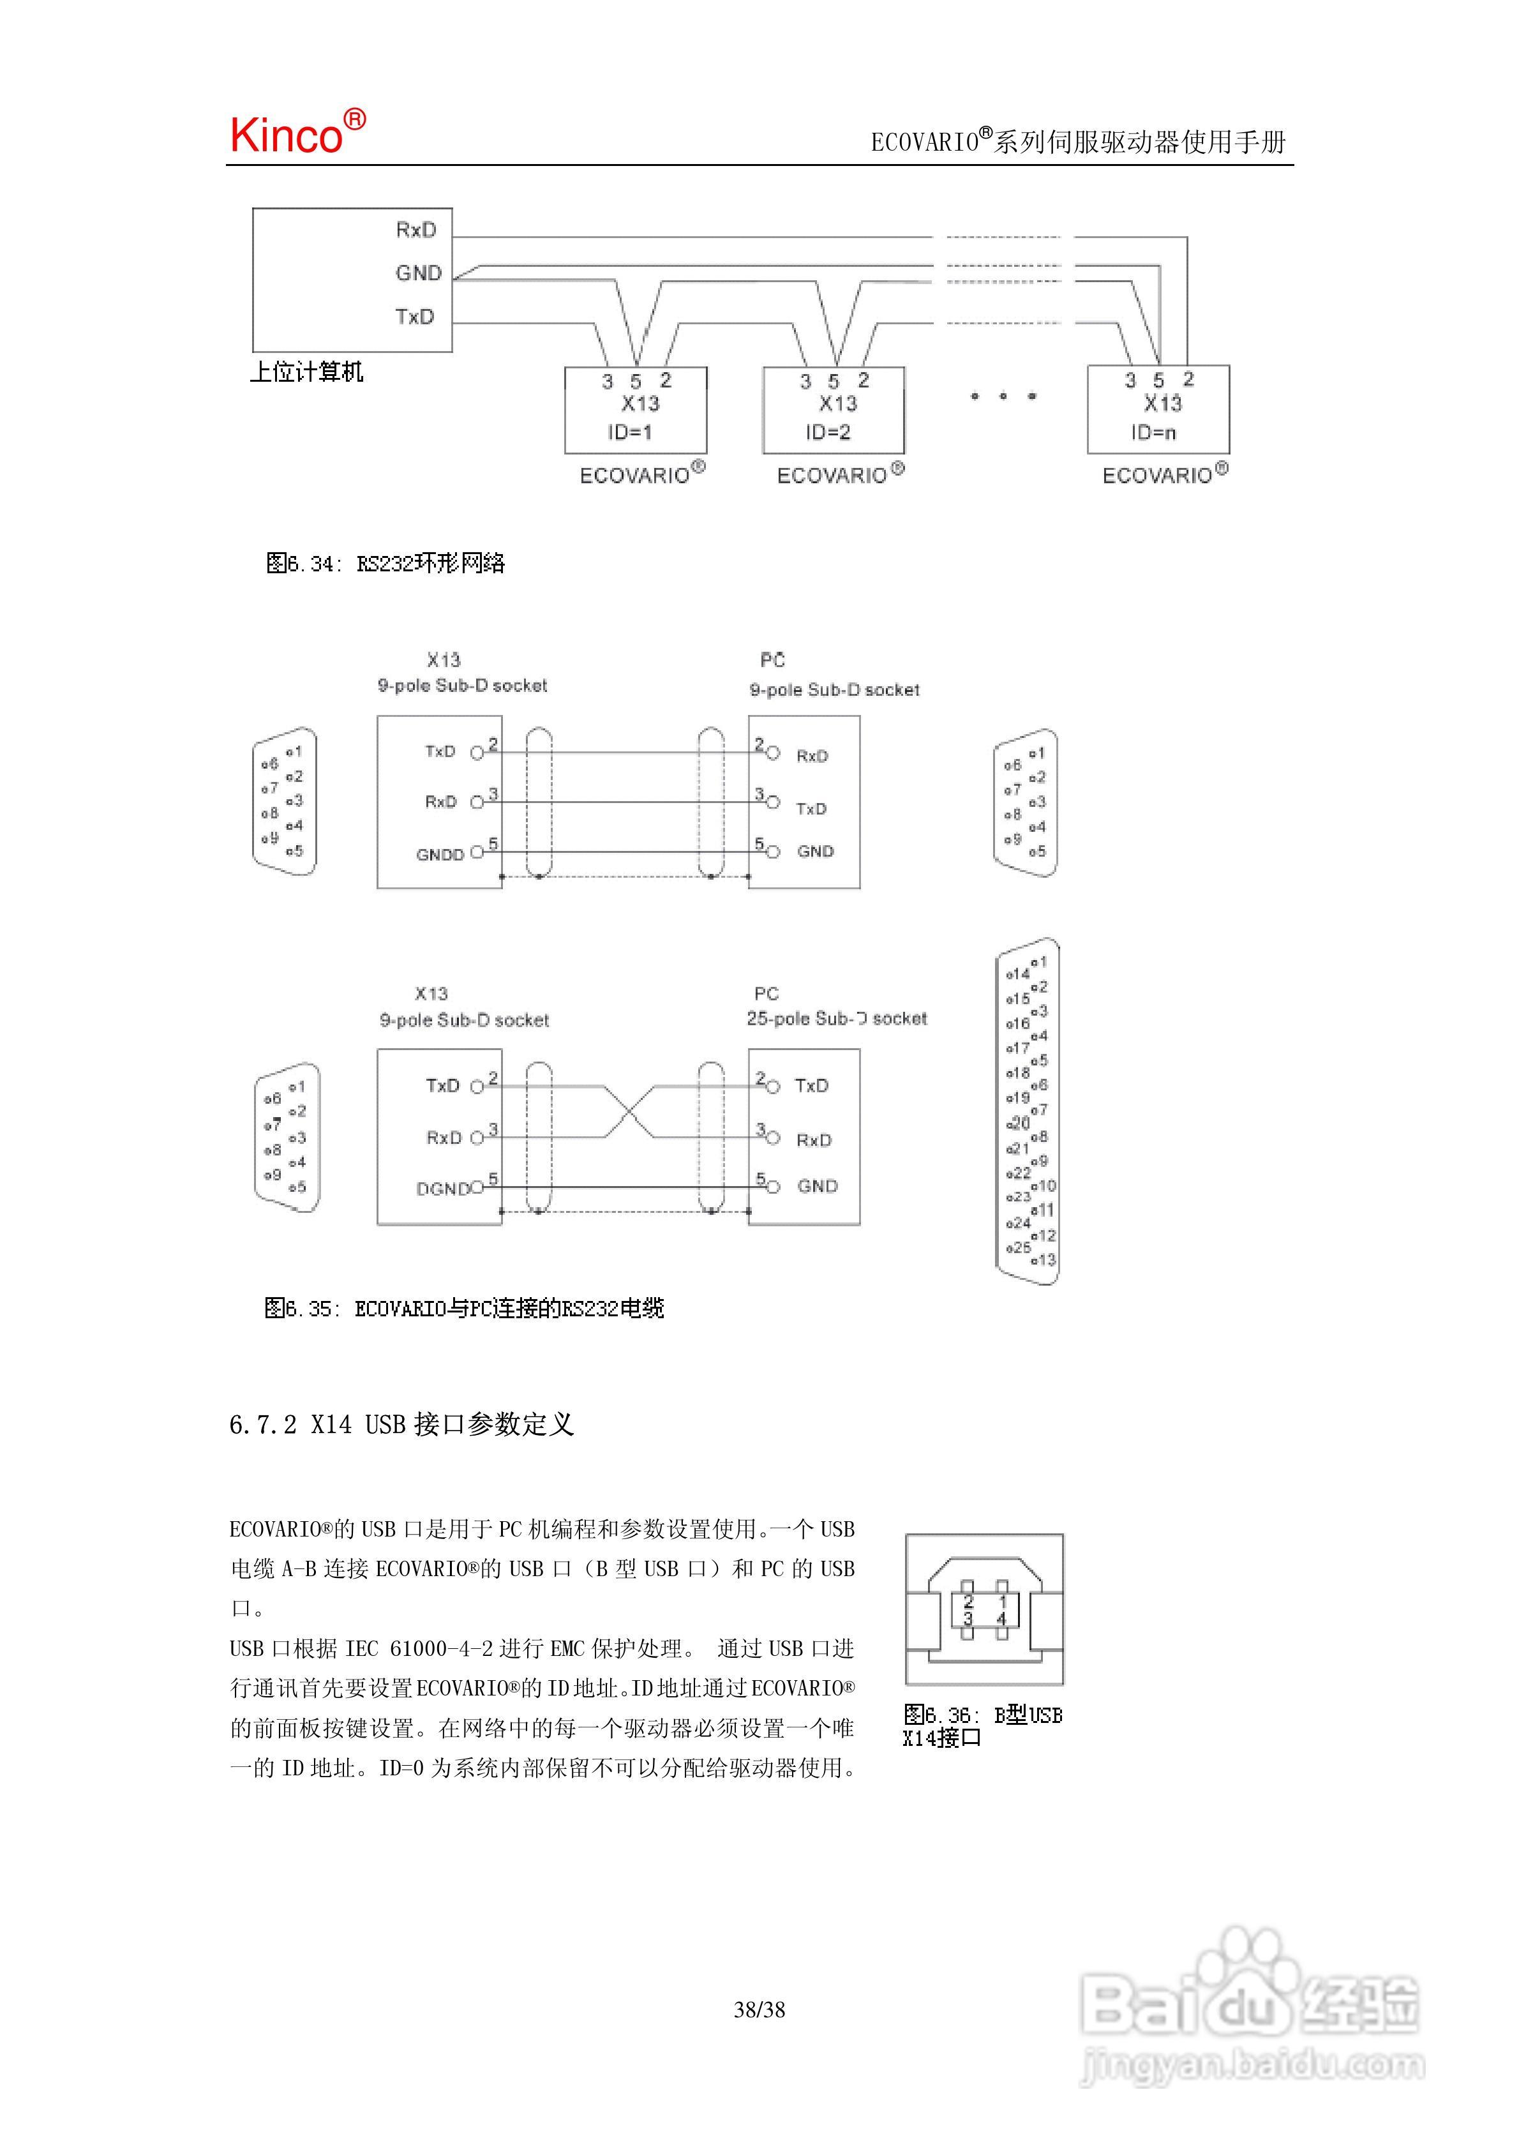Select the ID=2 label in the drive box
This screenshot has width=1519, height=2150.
click(828, 432)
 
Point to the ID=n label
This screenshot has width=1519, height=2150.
click(1153, 432)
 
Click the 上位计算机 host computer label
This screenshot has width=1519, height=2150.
click(306, 372)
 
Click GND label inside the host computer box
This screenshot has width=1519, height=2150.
click(417, 273)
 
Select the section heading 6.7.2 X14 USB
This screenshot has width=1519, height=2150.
click(401, 1424)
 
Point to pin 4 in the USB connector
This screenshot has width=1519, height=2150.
click(1001, 1618)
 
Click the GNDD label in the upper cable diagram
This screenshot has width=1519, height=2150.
click(439, 854)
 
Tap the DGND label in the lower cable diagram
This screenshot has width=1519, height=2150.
click(443, 1188)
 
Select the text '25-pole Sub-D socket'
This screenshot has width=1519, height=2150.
click(836, 1018)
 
